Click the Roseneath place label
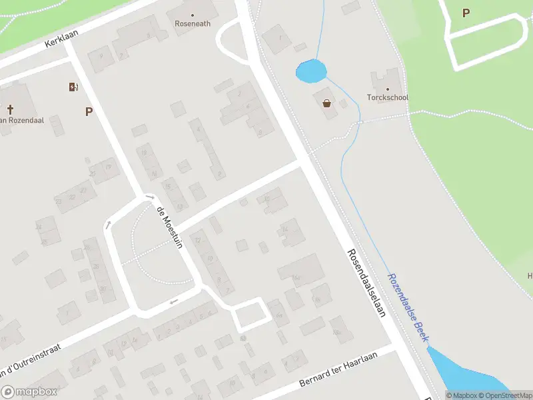[x=193, y=23]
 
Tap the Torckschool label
[x=388, y=97]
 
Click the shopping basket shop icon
[x=327, y=103]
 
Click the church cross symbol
[x=11, y=109]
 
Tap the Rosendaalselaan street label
[x=366, y=283]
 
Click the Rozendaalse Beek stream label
[x=408, y=307]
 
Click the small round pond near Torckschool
[x=310, y=71]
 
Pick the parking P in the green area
[x=466, y=13]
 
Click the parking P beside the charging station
[x=89, y=112]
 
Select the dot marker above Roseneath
[x=193, y=14]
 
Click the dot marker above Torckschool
[x=388, y=89]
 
